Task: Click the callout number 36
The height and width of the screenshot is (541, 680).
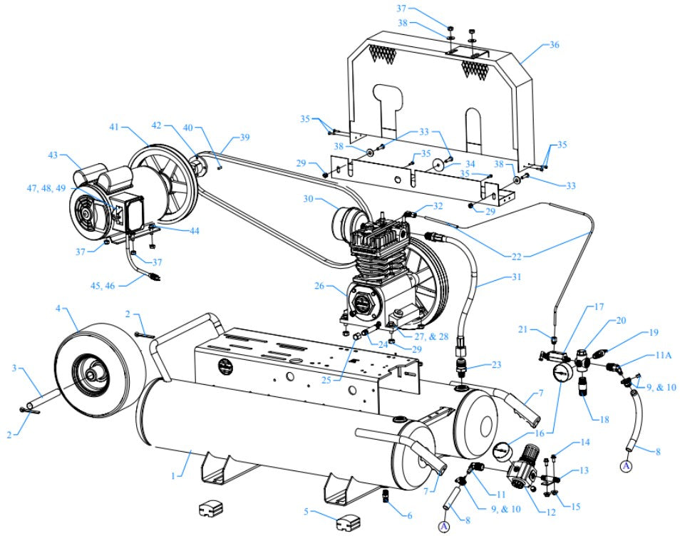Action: point(554,45)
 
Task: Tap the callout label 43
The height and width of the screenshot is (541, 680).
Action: point(53,155)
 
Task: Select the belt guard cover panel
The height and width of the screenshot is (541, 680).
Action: point(442,93)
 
